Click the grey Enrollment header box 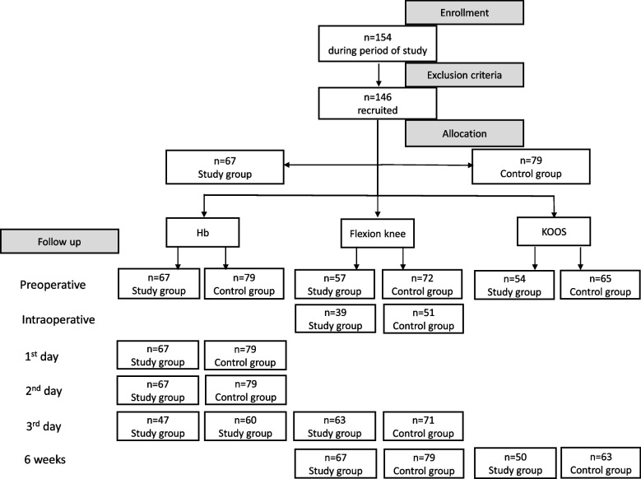click(x=465, y=13)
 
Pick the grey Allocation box click(x=465, y=133)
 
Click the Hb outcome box click(x=201, y=234)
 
